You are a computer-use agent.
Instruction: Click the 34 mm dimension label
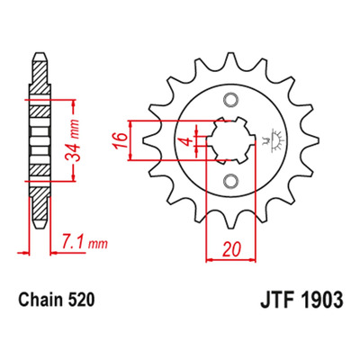click(74, 140)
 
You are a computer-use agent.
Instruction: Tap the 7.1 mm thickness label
click(85, 244)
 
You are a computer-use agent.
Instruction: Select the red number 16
click(121, 140)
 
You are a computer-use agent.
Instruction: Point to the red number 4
click(188, 141)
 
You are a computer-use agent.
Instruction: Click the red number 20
click(231, 249)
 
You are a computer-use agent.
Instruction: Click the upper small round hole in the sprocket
click(231, 100)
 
